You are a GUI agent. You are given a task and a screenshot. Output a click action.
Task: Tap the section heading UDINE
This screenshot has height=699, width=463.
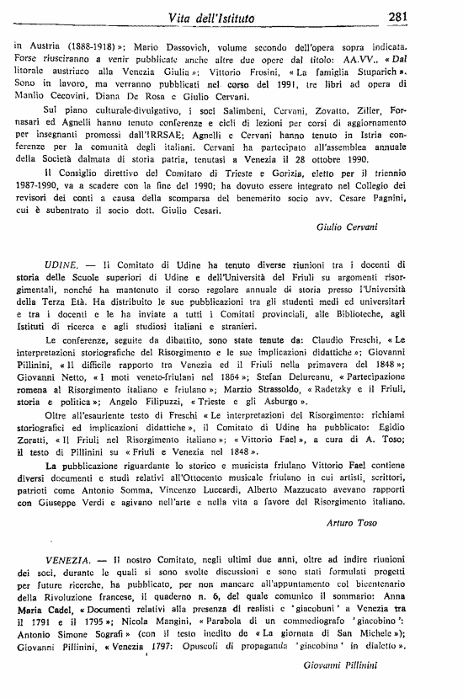point(56,263)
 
